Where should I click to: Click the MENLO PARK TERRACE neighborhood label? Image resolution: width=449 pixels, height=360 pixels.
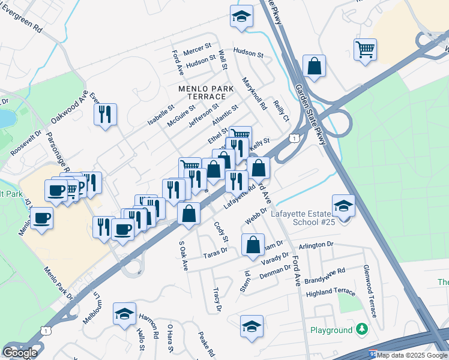(205, 92)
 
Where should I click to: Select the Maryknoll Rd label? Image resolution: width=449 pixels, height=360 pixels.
(254, 92)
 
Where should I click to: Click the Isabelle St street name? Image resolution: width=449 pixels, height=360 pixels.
(161, 115)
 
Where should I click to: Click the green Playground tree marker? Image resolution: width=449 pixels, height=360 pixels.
(361, 329)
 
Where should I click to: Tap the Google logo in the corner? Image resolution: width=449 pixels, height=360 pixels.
(20, 352)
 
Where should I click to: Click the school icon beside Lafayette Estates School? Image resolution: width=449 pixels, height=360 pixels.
(343, 206)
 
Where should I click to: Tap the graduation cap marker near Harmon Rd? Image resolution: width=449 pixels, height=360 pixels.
(124, 313)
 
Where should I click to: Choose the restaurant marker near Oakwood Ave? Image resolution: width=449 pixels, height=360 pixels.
(106, 114)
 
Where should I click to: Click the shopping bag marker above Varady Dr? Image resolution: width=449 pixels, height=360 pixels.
(253, 244)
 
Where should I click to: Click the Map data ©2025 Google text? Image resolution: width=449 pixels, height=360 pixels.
(412, 355)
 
